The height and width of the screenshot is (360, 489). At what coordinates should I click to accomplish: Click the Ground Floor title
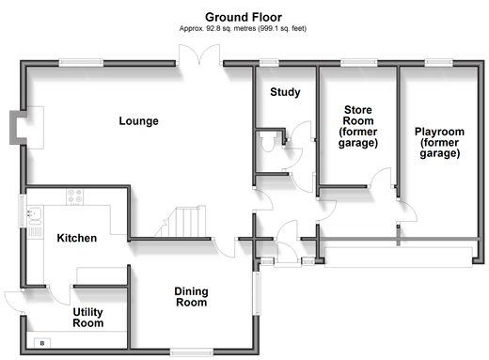[x=244, y=17]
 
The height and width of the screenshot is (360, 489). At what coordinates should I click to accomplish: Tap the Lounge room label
[x=138, y=121]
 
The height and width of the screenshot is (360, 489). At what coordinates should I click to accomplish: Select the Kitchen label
[x=77, y=238]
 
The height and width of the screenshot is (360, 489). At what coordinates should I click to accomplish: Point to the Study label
[x=285, y=92]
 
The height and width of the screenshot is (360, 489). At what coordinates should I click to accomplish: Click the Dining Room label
[x=191, y=297]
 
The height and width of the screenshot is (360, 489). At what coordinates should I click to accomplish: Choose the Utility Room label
[x=88, y=318]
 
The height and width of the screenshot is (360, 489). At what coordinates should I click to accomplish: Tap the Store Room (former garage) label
[x=358, y=126]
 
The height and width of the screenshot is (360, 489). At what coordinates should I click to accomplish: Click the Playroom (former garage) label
[x=439, y=143]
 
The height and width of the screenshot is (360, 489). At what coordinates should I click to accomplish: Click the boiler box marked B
[x=42, y=343]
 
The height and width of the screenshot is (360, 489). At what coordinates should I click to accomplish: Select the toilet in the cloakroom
[x=268, y=142]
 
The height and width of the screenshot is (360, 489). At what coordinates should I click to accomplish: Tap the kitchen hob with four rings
[x=75, y=196]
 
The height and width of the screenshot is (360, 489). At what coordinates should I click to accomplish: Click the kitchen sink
[x=35, y=216]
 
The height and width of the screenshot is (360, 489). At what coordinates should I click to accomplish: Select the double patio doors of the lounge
[x=199, y=55]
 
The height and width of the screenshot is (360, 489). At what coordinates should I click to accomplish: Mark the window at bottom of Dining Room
[x=192, y=352]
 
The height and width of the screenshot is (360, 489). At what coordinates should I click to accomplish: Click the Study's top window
[x=269, y=63]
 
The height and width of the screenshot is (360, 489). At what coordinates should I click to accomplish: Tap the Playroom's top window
[x=439, y=63]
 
